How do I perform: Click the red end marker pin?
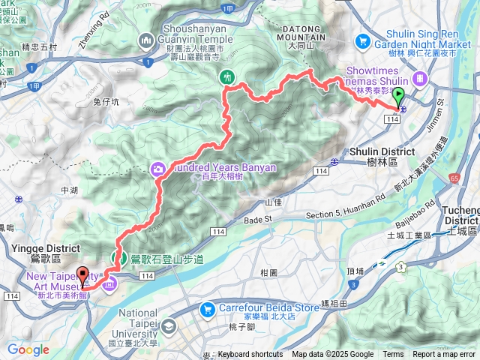click(x=82, y=277)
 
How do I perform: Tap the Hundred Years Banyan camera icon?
click(x=158, y=169)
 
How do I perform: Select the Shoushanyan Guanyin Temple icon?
click(x=145, y=39)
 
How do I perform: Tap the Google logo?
click(x=28, y=349)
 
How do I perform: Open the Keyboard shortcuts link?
click(x=250, y=354)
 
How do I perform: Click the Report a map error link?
click(x=443, y=354)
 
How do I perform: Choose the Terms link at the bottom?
click(x=393, y=354)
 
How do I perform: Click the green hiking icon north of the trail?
click(x=227, y=76)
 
